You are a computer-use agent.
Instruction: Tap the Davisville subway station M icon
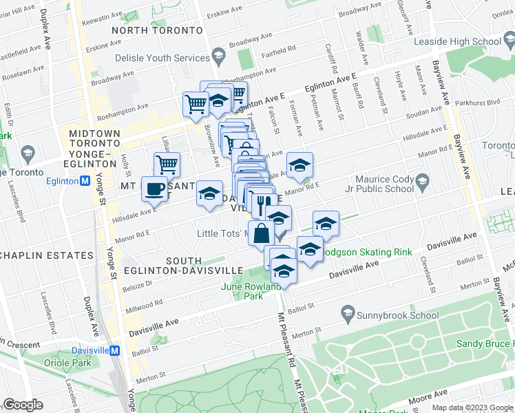116,350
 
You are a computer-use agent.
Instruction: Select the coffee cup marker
153,188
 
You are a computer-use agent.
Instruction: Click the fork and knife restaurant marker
262,204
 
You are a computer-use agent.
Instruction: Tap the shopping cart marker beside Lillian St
167,165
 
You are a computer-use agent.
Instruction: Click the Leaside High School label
457,41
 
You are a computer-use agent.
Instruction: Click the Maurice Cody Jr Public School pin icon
422,182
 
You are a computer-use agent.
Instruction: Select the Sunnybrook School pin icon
348,315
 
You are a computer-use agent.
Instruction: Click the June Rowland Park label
250,291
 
